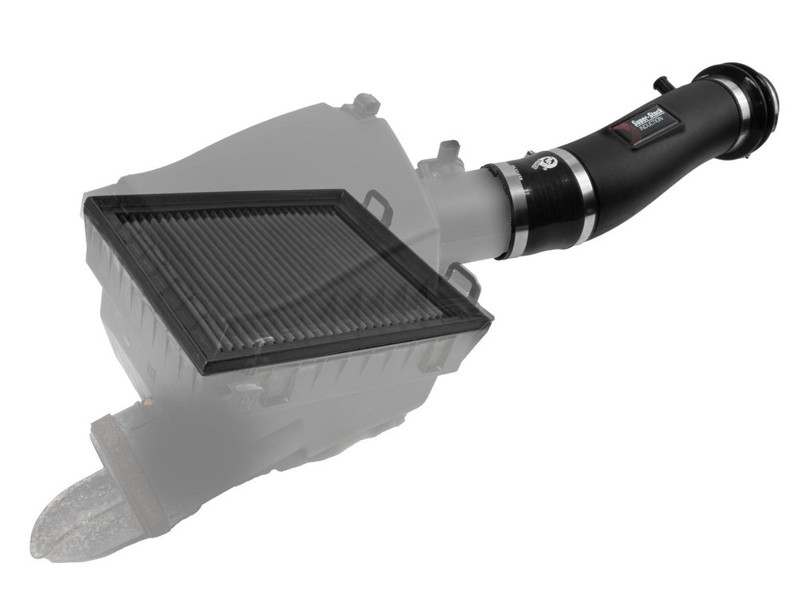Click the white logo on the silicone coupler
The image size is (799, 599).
pos(552,163)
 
